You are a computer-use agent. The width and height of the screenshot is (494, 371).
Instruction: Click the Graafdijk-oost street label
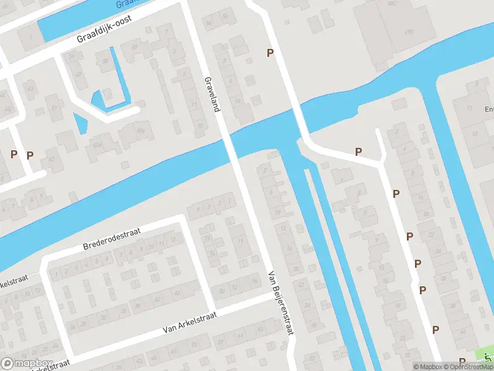pos(111,29)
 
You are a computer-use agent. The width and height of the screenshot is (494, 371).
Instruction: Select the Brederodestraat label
pos(112,238)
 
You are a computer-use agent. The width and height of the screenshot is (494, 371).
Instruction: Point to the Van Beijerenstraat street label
pos(279,303)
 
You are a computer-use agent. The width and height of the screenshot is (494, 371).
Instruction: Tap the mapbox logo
pos(27,363)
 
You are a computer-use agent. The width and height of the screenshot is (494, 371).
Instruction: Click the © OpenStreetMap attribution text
pos(461,367)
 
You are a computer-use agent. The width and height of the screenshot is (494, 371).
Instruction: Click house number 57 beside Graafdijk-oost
pos(134,46)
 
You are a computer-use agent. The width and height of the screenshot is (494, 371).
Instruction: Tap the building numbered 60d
pos(97,144)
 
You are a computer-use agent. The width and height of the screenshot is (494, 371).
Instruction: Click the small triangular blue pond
pos(80,122)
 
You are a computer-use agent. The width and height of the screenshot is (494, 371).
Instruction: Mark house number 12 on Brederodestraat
pos(172,239)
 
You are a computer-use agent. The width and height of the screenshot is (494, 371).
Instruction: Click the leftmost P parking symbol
pos(14,154)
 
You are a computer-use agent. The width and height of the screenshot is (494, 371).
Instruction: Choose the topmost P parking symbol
pos(269,53)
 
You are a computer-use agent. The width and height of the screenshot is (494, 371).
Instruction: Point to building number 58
pos(105,61)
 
